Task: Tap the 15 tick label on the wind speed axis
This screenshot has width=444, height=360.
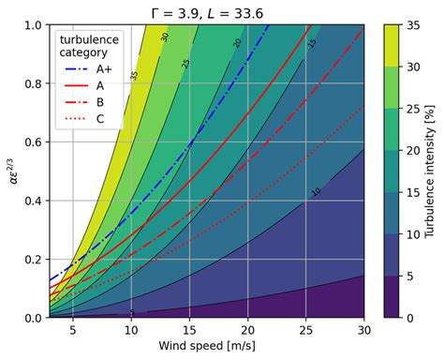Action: coord(189,332)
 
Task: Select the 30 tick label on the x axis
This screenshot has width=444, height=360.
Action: coord(364,332)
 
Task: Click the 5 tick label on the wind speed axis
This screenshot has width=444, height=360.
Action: coord(72,332)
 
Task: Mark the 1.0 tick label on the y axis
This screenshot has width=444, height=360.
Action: coord(31,25)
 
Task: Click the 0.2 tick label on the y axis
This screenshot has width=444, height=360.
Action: coord(31,260)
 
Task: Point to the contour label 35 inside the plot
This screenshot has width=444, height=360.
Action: coord(135,75)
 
